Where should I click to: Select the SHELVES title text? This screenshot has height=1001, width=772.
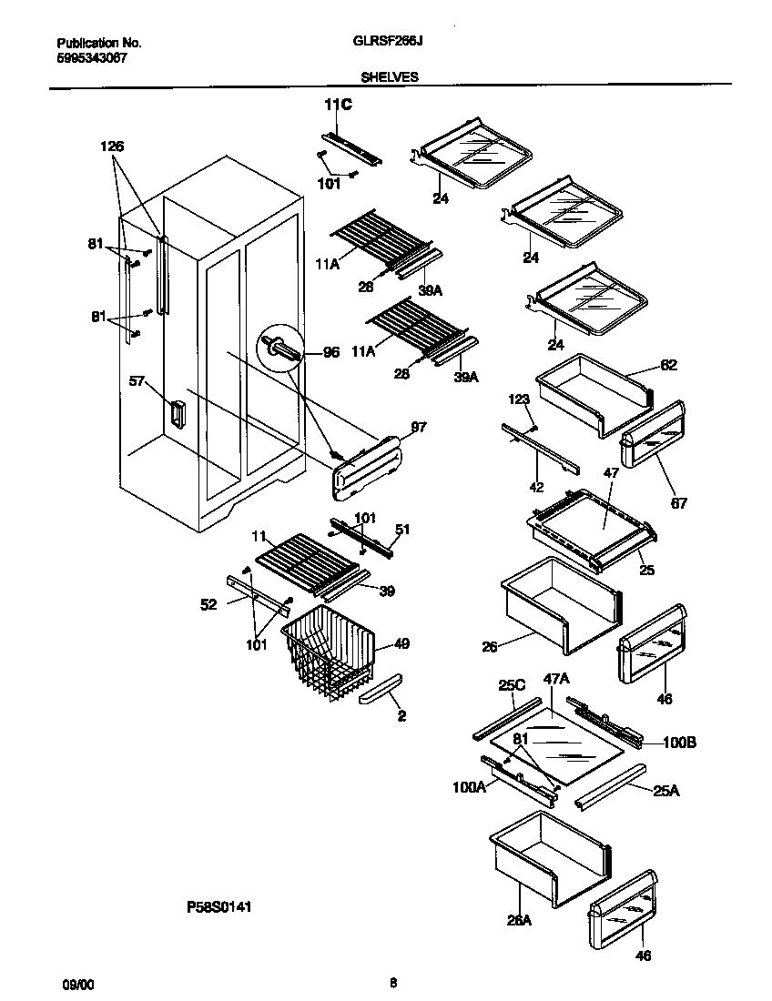click(x=390, y=77)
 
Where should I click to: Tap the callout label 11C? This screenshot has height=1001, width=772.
click(x=338, y=106)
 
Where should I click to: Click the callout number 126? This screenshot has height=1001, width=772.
click(x=112, y=146)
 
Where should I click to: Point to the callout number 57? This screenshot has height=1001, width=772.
click(x=137, y=382)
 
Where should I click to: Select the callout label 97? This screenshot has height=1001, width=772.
click(x=418, y=427)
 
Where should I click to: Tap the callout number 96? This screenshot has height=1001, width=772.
click(x=330, y=352)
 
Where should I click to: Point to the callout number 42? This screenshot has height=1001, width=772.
click(x=536, y=487)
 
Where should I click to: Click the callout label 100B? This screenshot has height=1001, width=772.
click(x=678, y=743)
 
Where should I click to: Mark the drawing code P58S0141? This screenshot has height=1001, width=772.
click(x=218, y=906)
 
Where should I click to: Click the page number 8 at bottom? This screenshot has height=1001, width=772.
click(x=392, y=982)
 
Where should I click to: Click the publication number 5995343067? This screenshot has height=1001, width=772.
click(x=92, y=56)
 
